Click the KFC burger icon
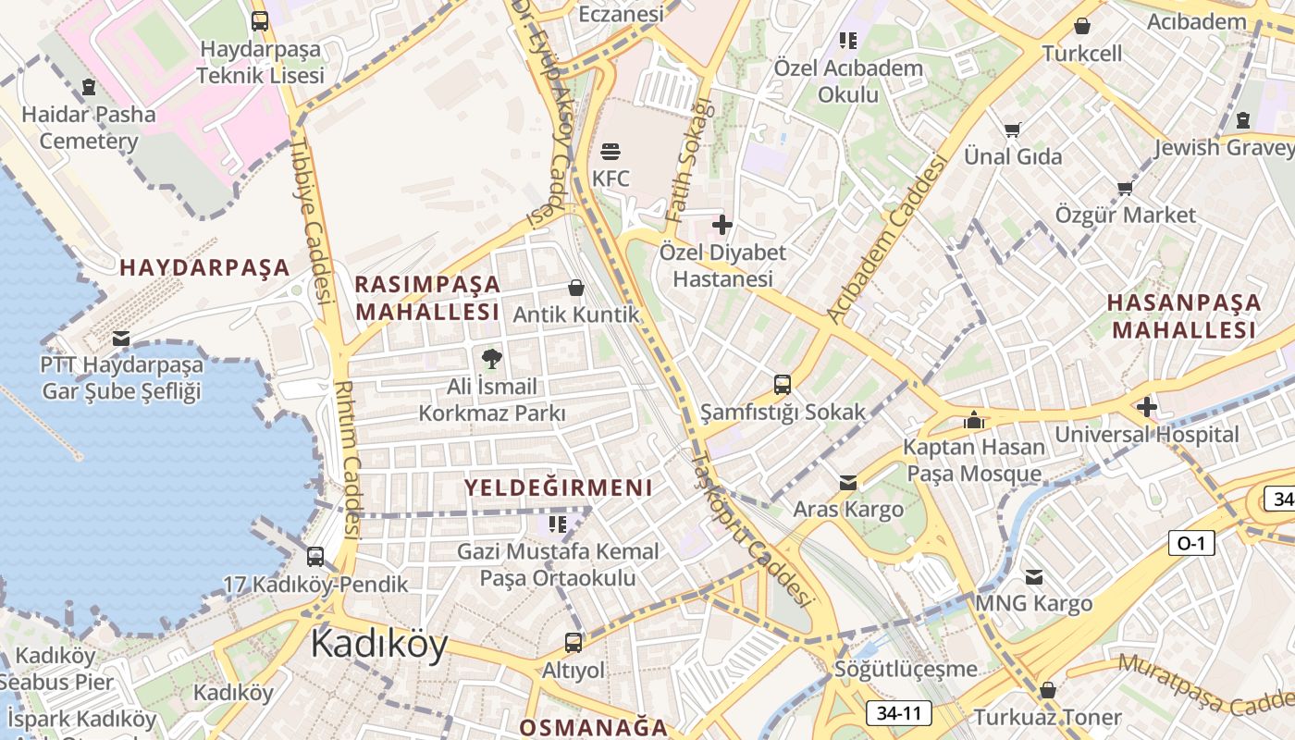[x=610, y=151]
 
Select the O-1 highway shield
[x=1190, y=543]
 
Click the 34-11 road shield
[x=898, y=713]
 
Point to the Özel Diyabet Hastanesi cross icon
[x=722, y=224]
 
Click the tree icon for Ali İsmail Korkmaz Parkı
[x=491, y=358]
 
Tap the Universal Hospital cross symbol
[x=1146, y=406]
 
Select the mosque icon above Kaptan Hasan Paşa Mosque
[x=973, y=420]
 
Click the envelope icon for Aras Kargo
[x=848, y=482]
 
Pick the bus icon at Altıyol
[x=573, y=642]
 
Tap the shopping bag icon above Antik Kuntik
[x=576, y=288]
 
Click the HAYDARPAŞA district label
[x=204, y=268]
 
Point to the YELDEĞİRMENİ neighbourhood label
[x=558, y=487]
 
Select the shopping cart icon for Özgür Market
[x=1125, y=189]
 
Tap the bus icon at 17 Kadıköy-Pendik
[x=315, y=557]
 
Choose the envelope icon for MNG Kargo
[x=1033, y=577]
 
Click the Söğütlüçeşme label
[x=906, y=669]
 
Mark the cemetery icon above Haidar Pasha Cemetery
[x=89, y=87]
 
